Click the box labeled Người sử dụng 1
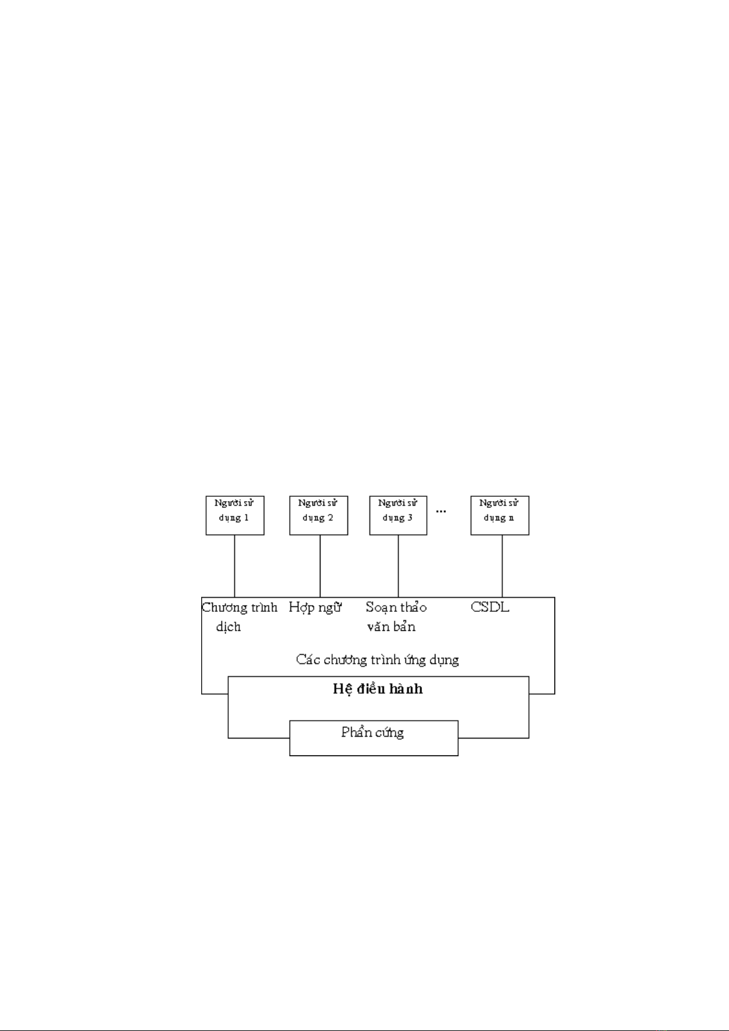[x=235, y=515]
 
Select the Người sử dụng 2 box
[x=319, y=515]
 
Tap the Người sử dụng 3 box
[x=398, y=515]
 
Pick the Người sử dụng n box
[x=500, y=515]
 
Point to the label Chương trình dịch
[x=239, y=616]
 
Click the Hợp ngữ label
[x=315, y=607]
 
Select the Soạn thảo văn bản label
[x=396, y=616]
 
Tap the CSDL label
[x=490, y=607]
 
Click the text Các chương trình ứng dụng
[x=377, y=660]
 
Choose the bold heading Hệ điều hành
[x=378, y=689]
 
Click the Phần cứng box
[x=373, y=737]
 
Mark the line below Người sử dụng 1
[x=235, y=566]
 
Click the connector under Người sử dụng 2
[x=320, y=566]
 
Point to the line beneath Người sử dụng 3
[x=398, y=566]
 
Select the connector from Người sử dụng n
[x=502, y=566]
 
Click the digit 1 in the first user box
[x=246, y=518]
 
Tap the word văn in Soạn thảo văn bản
[x=378, y=627]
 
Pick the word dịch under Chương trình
[x=228, y=627]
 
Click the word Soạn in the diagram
[x=380, y=608]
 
